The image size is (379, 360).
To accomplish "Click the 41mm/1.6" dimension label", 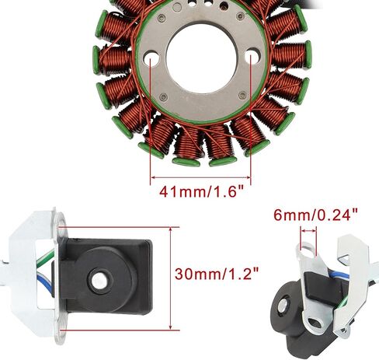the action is pyautogui.click(x=202, y=192).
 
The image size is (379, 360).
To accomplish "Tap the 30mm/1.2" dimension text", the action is pyautogui.click(x=217, y=274).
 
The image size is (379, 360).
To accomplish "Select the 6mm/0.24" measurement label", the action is pyautogui.click(x=315, y=215).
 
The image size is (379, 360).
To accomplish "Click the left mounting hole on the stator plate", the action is pyautogui.click(x=151, y=57).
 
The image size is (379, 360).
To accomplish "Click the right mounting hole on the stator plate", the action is pyautogui.click(x=252, y=55).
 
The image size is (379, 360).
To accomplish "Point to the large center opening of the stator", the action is pyautogui.click(x=201, y=59).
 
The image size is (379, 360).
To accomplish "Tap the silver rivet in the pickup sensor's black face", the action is pyautogui.click(x=99, y=281).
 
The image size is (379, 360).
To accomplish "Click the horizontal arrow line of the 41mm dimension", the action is pyautogui.click(x=200, y=177).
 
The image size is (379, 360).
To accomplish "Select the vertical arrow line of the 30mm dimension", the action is pyautogui.click(x=170, y=278).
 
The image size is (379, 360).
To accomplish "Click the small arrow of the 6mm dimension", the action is pyautogui.click(x=308, y=230).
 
